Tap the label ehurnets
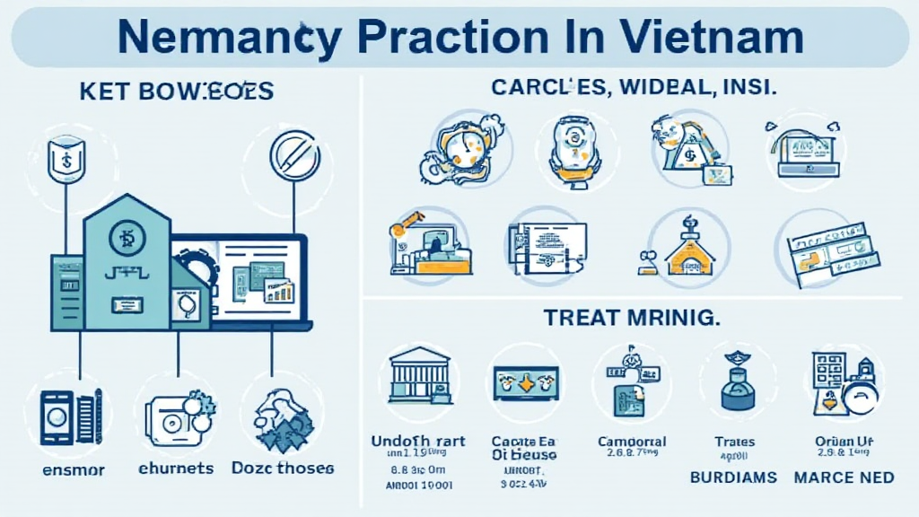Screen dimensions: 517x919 pyautogui.click(x=176, y=469)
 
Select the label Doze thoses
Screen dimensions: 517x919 pyautogui.click(x=282, y=469)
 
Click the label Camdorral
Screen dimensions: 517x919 pyautogui.click(x=632, y=442)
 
